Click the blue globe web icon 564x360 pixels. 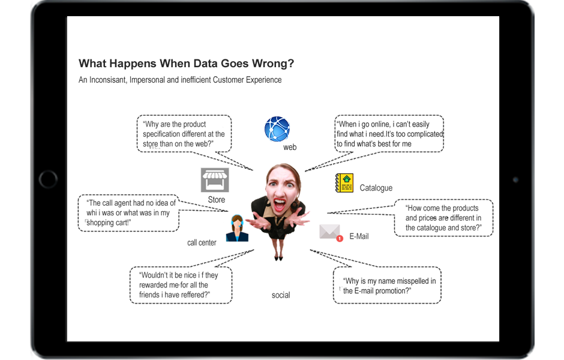pos(277,129)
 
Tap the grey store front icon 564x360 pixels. pos(215,180)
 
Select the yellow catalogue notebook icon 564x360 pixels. pos(344,183)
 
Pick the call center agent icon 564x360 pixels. pos(237,228)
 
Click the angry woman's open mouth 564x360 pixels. pos(280,204)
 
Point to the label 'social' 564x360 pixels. pos(281,295)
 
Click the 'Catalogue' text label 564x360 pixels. pos(376,188)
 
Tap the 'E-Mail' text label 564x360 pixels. pos(359,236)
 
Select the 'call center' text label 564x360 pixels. pos(202,243)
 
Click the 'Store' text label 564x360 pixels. pos(217,200)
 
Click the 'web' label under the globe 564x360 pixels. pos(290,147)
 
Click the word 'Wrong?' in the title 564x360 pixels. pos(273,63)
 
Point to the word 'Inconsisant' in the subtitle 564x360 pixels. pos(108,80)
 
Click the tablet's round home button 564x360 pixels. pos(48,179)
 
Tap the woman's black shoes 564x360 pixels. pos(278,257)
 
